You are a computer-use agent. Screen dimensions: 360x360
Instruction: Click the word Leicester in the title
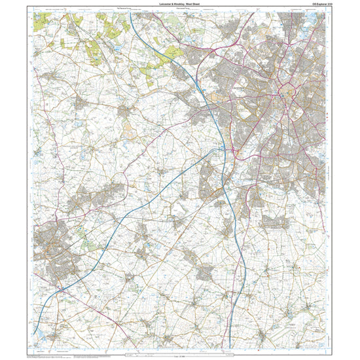[x=161, y=6]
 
